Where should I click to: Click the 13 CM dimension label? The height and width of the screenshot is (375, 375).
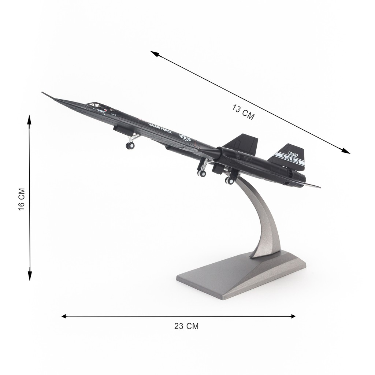click(x=243, y=112)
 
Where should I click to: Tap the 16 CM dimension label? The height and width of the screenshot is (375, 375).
click(x=22, y=199)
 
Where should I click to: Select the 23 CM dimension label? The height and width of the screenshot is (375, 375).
click(x=186, y=326)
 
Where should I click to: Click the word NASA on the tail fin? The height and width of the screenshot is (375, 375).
click(x=290, y=159)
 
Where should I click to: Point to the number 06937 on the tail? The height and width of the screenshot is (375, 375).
click(x=293, y=154)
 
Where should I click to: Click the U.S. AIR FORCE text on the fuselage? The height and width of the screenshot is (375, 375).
click(x=160, y=128)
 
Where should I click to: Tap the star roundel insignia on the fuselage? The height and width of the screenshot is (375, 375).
click(x=185, y=138)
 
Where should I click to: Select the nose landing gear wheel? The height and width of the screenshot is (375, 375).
click(x=130, y=145)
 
